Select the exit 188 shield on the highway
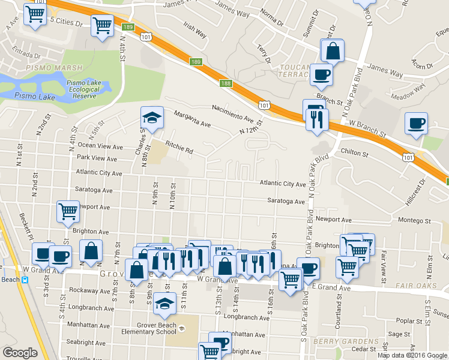click(x=225, y=83)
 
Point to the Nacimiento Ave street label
click(x=237, y=115)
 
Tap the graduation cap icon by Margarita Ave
click(x=152, y=119)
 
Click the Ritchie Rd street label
click(x=179, y=148)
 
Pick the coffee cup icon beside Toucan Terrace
click(x=321, y=76)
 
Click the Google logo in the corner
click(x=20, y=353)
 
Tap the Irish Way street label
click(x=194, y=31)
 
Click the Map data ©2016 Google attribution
click(x=411, y=355)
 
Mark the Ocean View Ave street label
click(x=100, y=146)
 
